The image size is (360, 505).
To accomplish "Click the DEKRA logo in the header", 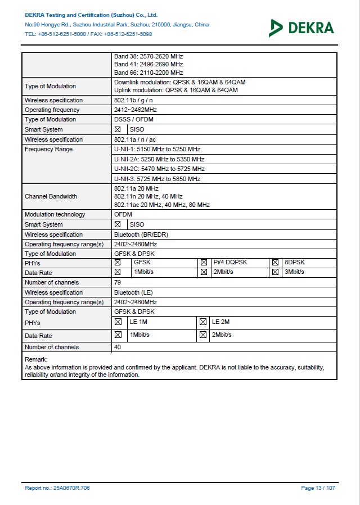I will (301, 27).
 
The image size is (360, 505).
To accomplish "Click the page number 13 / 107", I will (318, 488).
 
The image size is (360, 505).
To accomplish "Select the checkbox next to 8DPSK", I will (275, 263).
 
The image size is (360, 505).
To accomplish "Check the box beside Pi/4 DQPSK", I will (204, 263).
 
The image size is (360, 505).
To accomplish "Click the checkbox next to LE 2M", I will (202, 322).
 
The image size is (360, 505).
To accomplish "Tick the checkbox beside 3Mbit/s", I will (275, 272).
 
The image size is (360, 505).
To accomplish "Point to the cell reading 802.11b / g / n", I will (134, 100).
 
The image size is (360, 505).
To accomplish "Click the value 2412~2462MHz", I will (136, 110).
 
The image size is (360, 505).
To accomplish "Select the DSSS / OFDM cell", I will (134, 119).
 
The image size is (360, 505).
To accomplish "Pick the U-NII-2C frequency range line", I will (159, 169).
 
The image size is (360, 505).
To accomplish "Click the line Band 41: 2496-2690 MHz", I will (148, 64).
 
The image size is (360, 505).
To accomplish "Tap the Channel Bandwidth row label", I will (51, 196).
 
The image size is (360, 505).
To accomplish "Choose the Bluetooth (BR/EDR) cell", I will (141, 235).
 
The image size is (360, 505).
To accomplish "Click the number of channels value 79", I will (118, 282).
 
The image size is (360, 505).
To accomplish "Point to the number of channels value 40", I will (118, 347).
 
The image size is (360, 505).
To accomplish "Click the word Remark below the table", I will (36, 359).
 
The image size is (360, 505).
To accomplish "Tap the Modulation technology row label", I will (55, 214).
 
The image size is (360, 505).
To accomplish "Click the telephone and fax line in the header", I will (88, 34).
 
